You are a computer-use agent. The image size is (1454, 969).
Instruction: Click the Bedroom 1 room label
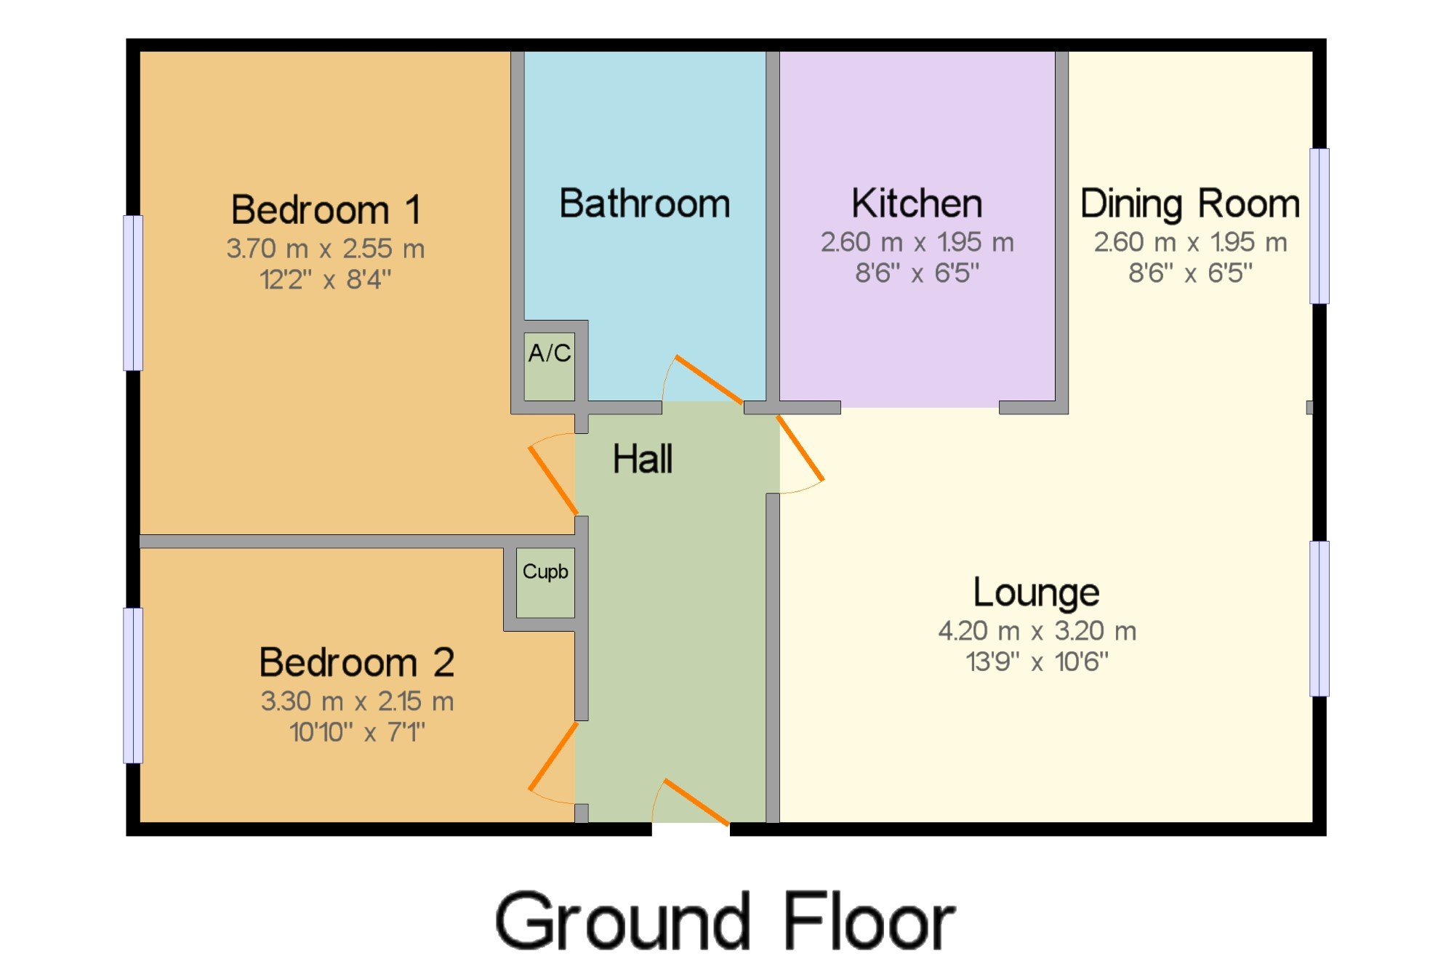[x=326, y=210]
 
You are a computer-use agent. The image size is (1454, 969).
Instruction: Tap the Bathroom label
[x=645, y=204]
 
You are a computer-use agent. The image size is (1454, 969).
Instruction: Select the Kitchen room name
[x=917, y=204]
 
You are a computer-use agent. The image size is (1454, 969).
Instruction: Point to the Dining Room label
[x=1190, y=204]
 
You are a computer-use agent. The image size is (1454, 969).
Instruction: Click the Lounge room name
[x=1036, y=593]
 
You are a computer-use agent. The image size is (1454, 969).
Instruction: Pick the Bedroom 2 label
[x=357, y=662]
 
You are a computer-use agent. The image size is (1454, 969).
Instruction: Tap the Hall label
[x=643, y=459]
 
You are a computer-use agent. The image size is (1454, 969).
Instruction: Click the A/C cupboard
[x=550, y=366]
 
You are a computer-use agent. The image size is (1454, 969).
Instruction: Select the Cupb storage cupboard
[x=545, y=582]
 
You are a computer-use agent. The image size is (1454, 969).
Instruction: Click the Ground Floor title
[x=725, y=922]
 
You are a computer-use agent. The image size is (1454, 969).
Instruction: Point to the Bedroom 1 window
[x=133, y=293]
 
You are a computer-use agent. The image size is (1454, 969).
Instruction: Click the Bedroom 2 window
[x=133, y=685]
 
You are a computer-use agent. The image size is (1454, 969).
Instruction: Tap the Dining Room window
[x=1320, y=226]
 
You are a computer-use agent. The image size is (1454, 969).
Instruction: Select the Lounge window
[x=1320, y=619]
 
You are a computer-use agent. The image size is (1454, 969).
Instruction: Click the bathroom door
[x=709, y=379]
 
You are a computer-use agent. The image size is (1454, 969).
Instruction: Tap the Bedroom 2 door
[x=553, y=756]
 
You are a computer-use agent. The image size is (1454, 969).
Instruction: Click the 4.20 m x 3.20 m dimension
[x=1037, y=631]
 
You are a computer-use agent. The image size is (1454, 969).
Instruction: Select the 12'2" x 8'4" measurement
[x=326, y=279]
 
